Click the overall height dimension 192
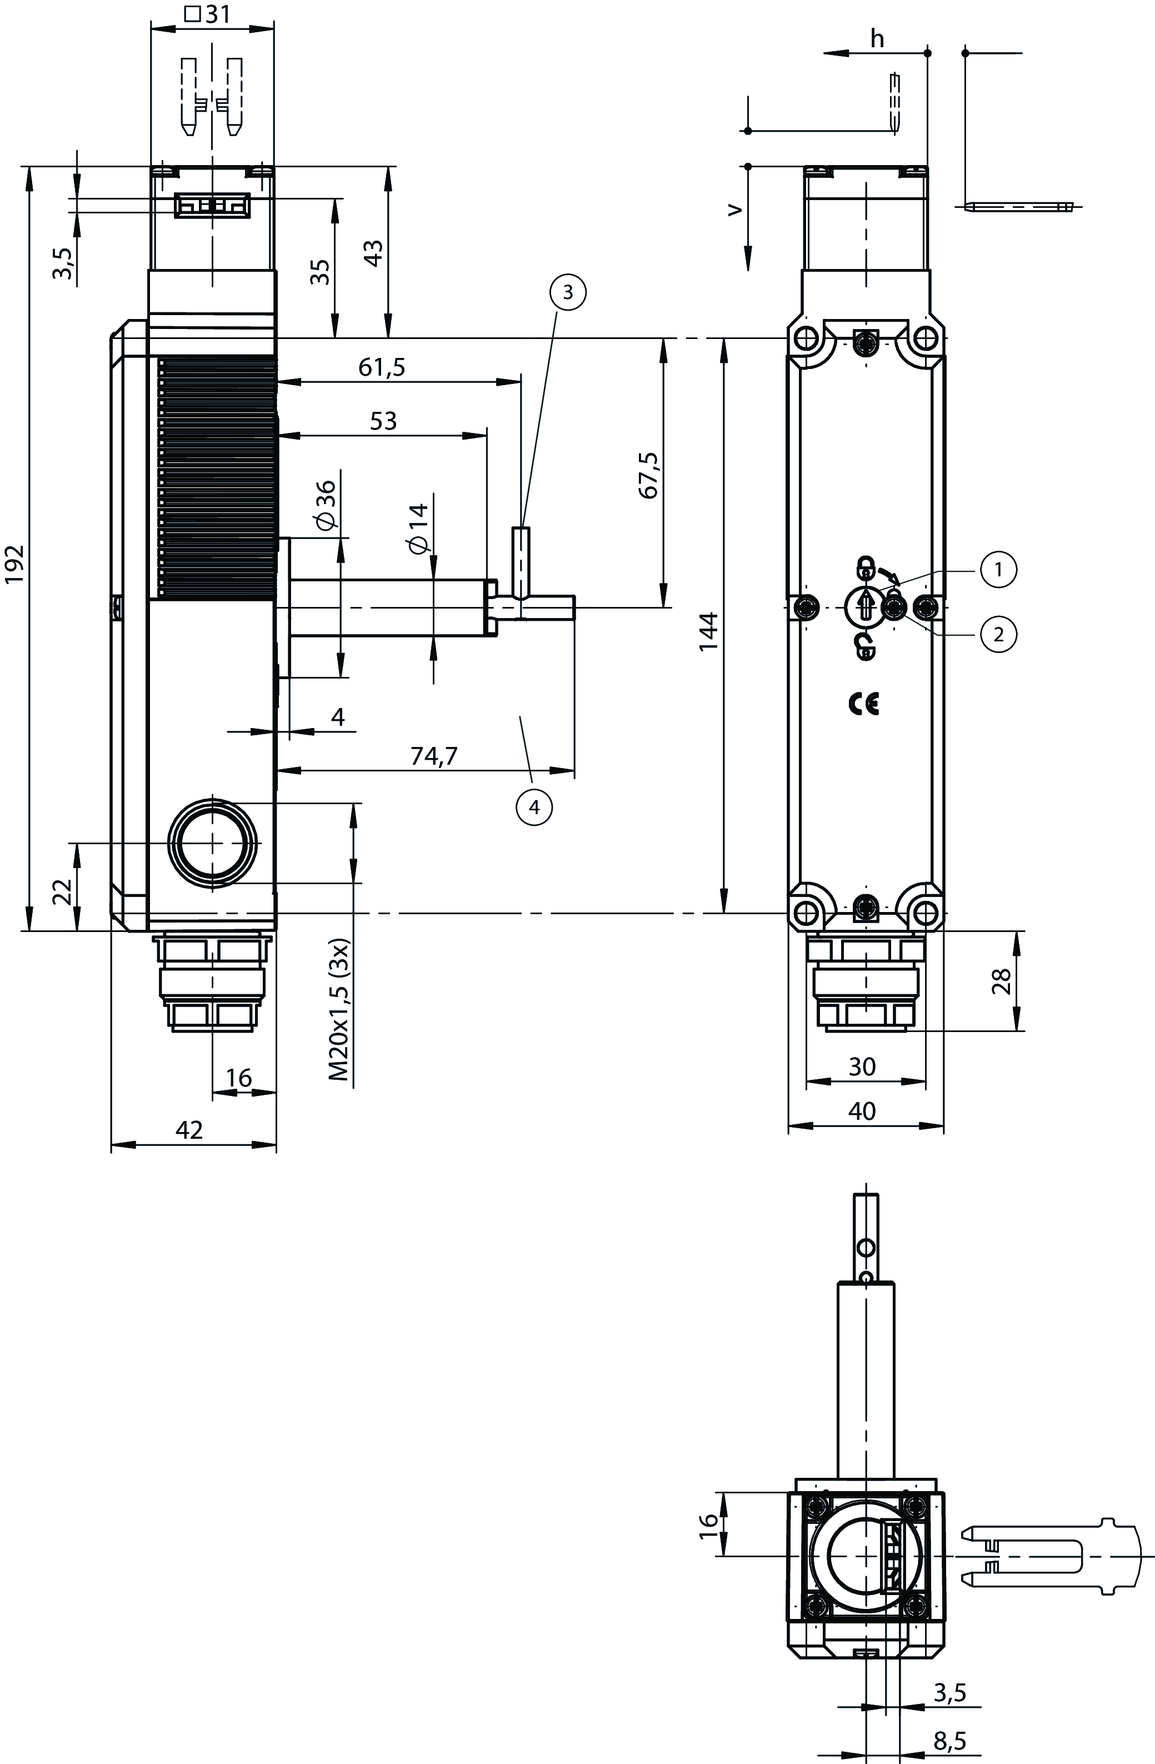tap(16, 565)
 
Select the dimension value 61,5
tap(382, 367)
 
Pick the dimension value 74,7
tap(434, 755)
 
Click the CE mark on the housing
tap(864, 704)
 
